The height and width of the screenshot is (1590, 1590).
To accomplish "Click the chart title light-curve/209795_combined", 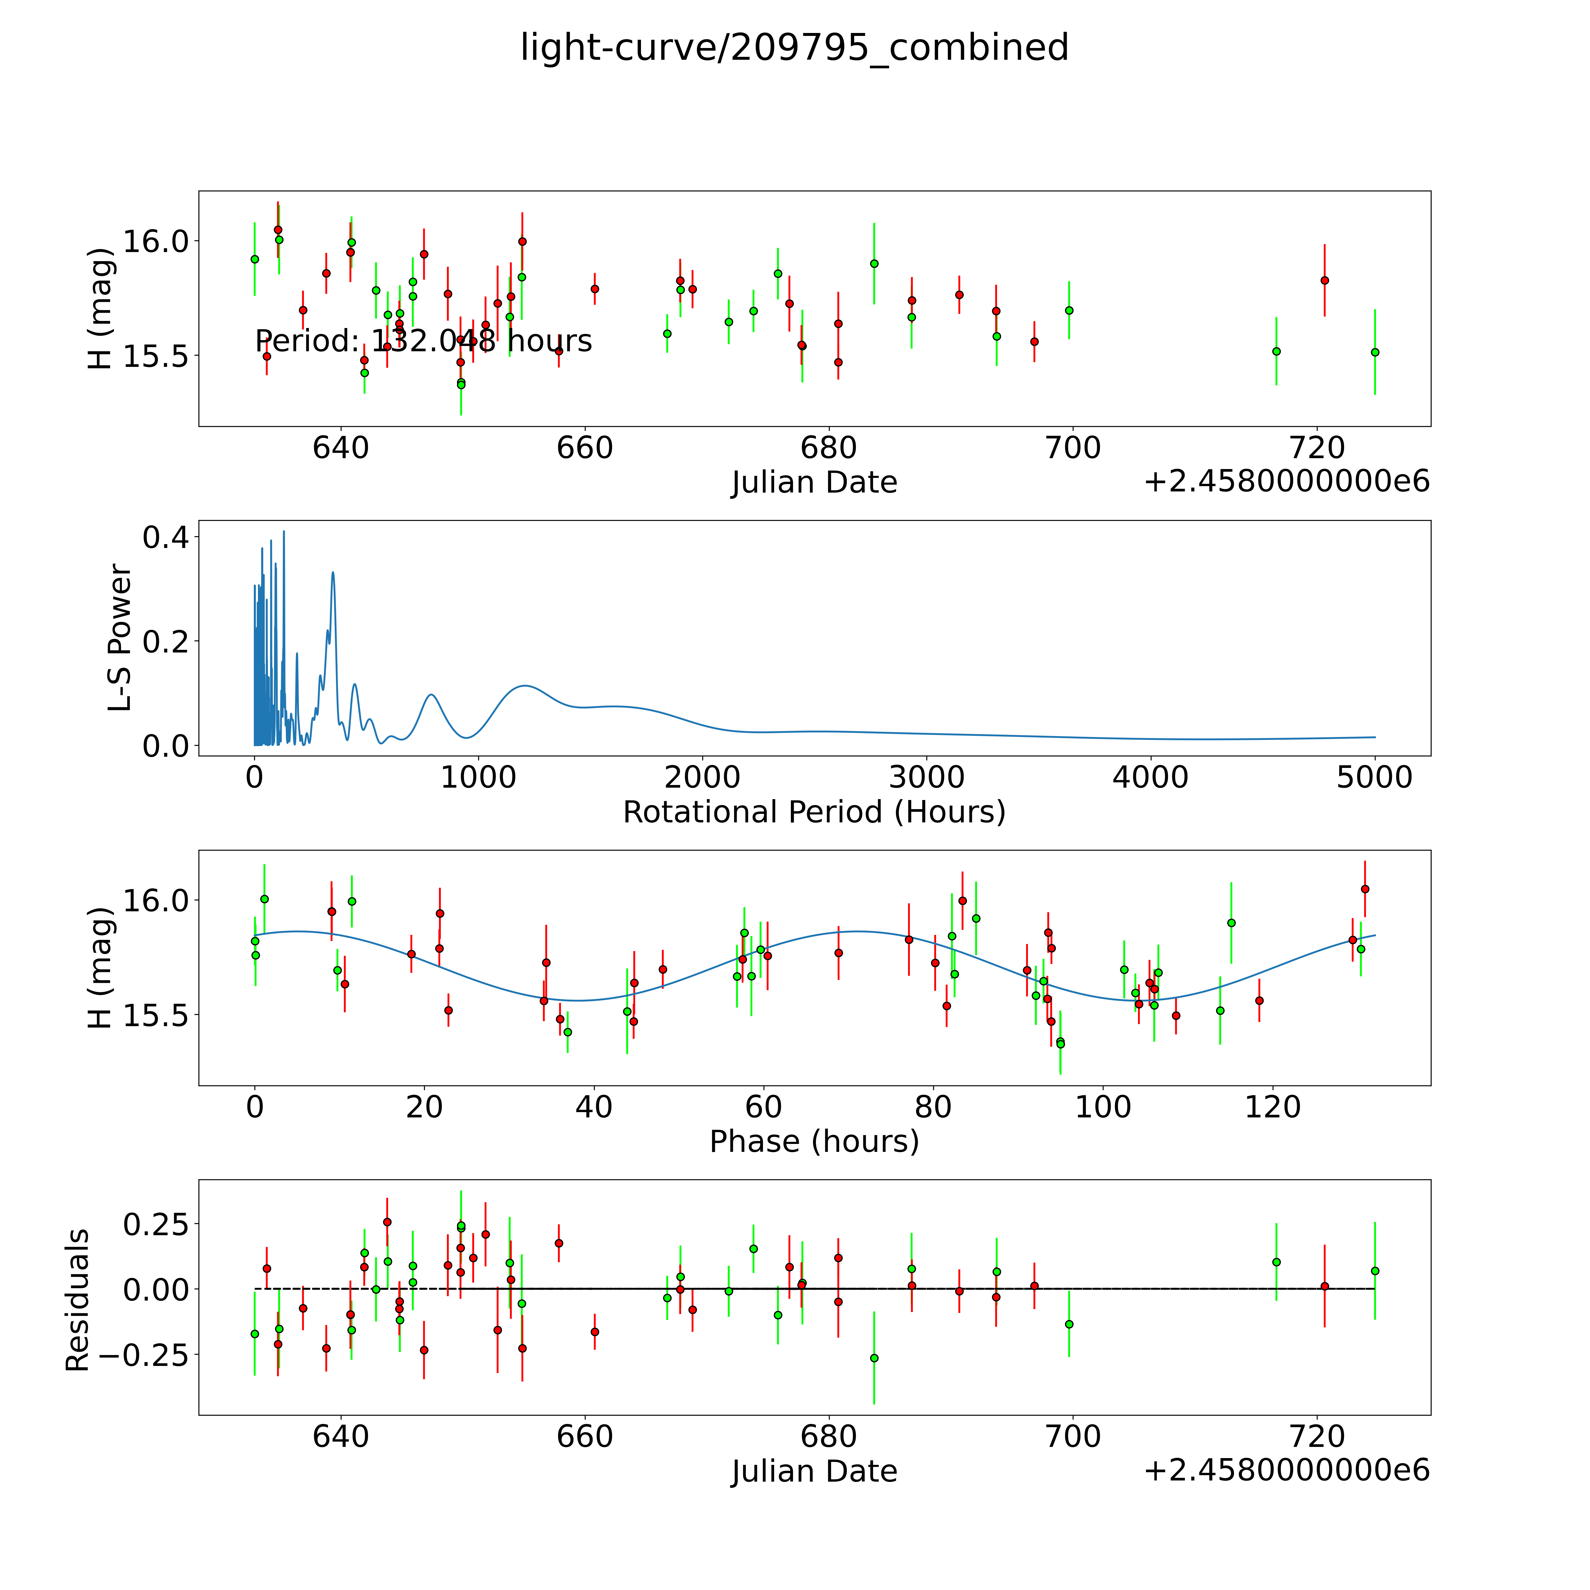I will click(x=794, y=48).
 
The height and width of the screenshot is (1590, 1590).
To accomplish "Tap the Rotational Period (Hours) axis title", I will click(x=814, y=812).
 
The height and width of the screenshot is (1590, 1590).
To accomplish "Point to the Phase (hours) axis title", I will click(x=814, y=1142).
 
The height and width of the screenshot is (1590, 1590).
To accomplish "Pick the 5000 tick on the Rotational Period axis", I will click(x=1374, y=778).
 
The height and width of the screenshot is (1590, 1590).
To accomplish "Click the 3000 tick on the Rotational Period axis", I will click(x=927, y=778).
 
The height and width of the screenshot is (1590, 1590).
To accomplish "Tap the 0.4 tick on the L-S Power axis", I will click(x=165, y=538).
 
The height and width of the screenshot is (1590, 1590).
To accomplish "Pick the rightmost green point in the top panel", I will click(x=1374, y=352).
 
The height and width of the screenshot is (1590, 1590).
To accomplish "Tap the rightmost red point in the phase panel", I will click(x=1364, y=889).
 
